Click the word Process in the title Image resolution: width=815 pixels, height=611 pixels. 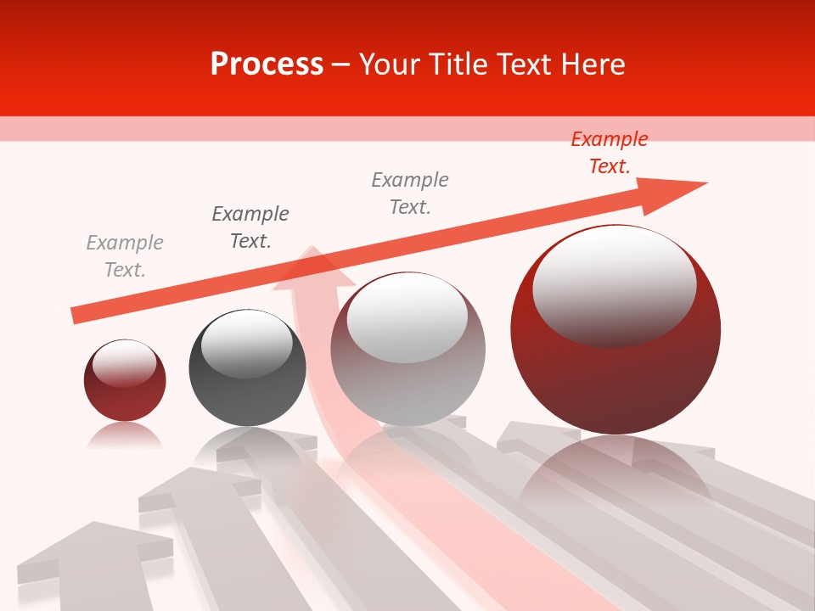pyautogui.click(x=267, y=64)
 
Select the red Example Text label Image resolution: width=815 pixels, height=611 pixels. pyautogui.click(x=610, y=153)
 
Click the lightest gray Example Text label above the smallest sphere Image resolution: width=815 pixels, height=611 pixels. pyautogui.click(x=125, y=256)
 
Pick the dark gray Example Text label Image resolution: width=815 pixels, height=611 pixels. pyautogui.click(x=250, y=227)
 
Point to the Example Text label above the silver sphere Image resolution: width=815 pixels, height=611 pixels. pyautogui.click(x=410, y=193)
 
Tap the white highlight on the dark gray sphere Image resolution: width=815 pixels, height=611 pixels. pyautogui.click(x=246, y=344)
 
